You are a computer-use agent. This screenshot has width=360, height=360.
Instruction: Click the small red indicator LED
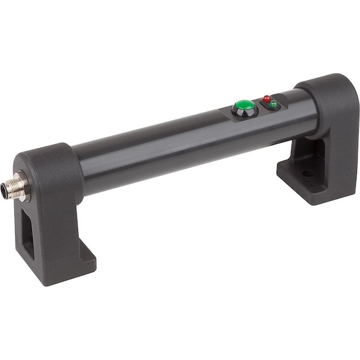[x=267, y=98]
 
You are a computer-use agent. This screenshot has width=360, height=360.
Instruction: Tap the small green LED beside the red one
[x=274, y=105]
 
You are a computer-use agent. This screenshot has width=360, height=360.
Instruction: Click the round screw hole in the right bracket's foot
[x=308, y=173]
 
